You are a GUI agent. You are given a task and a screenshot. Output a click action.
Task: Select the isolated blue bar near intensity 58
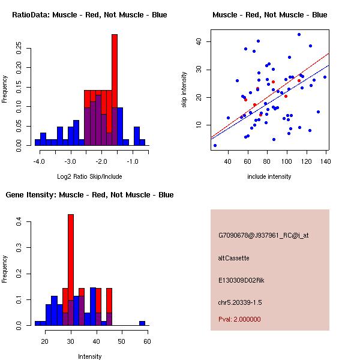click(142, 323)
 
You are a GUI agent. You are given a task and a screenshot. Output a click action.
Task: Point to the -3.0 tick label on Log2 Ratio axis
click(70, 161)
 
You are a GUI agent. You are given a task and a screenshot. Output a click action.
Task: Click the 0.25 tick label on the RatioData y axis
click(19, 48)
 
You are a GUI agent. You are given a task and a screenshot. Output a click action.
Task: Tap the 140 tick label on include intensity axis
click(326, 161)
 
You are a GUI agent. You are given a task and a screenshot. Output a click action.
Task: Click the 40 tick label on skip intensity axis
click(199, 41)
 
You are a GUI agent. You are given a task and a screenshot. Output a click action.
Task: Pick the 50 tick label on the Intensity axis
click(122, 341)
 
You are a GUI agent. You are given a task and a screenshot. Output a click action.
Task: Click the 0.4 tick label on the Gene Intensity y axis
click(19, 221)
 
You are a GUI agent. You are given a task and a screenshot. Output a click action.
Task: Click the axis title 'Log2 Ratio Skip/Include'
click(89, 176)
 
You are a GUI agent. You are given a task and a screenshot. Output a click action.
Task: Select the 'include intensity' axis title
click(269, 176)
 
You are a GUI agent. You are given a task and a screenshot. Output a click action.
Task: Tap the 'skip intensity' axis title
click(184, 89)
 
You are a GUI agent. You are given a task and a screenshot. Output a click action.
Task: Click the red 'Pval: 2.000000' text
click(239, 319)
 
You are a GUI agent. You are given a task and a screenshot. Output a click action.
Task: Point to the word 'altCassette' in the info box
click(233, 258)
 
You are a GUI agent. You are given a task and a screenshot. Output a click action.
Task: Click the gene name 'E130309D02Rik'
click(241, 280)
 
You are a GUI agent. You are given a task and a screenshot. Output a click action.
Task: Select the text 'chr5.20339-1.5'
click(240, 302)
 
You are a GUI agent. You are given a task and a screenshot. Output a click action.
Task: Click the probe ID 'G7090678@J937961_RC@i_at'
click(263, 236)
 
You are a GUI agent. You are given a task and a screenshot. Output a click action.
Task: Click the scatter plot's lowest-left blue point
click(215, 146)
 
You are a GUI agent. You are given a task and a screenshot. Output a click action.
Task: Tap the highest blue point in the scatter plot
click(299, 35)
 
